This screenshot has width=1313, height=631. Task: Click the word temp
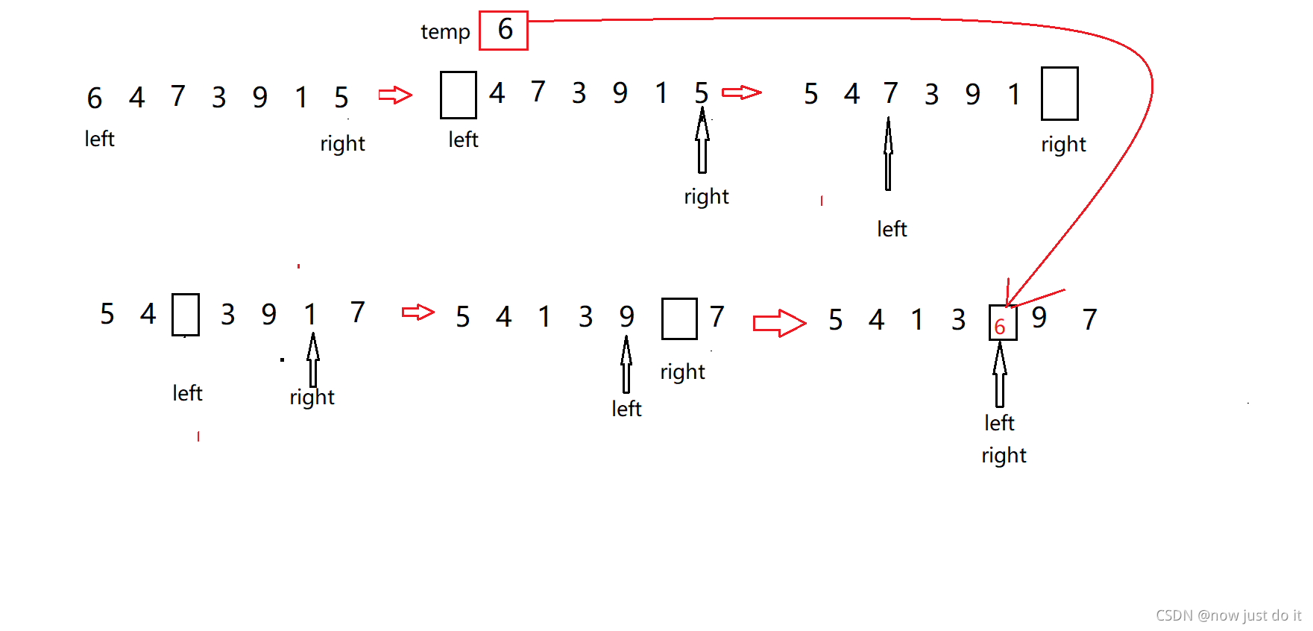[445, 32]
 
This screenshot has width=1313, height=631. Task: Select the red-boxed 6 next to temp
[504, 31]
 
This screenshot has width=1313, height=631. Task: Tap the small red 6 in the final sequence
[1000, 327]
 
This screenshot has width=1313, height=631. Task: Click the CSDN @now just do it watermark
[1227, 615]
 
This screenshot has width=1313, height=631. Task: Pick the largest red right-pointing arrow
[779, 323]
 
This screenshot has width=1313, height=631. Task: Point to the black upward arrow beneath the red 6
[1000, 374]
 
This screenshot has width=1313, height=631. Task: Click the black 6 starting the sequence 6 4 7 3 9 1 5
[95, 98]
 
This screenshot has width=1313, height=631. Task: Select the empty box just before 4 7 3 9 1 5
[458, 95]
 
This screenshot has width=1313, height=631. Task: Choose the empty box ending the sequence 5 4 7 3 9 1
[1059, 94]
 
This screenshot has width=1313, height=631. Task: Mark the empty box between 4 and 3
[186, 315]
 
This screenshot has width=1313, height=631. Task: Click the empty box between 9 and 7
[678, 318]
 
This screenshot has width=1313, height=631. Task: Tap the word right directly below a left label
[1004, 455]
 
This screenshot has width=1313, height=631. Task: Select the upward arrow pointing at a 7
[888, 154]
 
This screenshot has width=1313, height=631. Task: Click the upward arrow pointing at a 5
[702, 141]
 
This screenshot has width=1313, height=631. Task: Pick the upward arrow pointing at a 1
[313, 360]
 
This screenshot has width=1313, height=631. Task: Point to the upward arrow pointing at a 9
[626, 364]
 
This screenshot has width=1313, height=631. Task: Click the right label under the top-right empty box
[1063, 145]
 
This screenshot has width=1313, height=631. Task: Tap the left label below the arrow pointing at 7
[892, 229]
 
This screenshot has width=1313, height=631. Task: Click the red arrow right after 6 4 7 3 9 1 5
[395, 95]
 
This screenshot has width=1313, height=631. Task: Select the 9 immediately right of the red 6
[1039, 318]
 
